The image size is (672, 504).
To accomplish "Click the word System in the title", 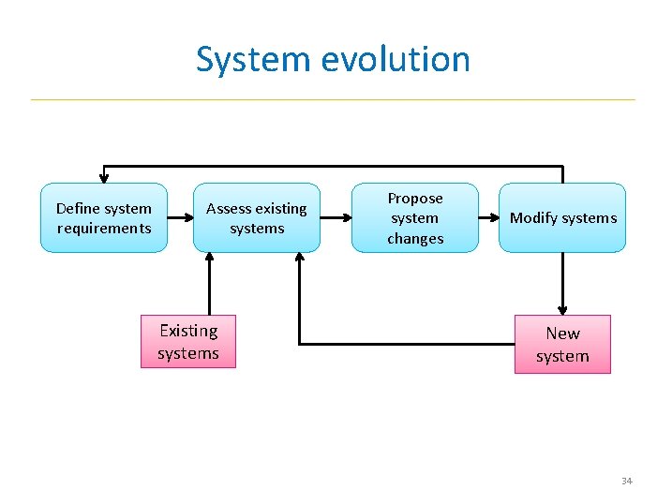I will tap(255, 59).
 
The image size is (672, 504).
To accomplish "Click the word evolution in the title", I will tap(395, 59).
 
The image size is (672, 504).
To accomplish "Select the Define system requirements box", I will tap(104, 218).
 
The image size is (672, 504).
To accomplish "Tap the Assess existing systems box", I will tap(257, 218).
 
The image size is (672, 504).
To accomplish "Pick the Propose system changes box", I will tap(415, 218).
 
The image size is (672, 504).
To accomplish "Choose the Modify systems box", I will tap(562, 218).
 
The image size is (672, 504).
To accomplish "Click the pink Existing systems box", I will tap(188, 342).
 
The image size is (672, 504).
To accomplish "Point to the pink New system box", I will tap(562, 345).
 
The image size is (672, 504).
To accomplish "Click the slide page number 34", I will tap(627, 481).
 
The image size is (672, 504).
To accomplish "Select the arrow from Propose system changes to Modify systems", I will tap(488, 218).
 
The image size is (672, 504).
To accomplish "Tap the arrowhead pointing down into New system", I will tap(563, 309).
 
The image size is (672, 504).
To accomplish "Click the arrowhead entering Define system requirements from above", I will tap(104, 177).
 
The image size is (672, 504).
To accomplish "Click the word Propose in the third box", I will tap(415, 199).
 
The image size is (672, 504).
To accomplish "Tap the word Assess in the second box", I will tap(228, 209).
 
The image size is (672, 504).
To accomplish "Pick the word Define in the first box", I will tap(77, 209).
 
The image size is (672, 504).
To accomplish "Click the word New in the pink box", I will tap(562, 334).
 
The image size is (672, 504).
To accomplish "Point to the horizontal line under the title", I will tap(333, 99).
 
